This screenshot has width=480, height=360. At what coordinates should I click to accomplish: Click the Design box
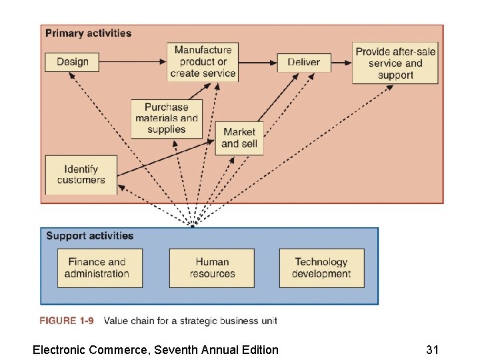[x=72, y=62]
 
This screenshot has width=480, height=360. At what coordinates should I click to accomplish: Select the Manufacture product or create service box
[x=203, y=62]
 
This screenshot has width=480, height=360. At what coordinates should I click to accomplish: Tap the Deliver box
[x=303, y=62]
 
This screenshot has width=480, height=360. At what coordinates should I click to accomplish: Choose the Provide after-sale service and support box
[x=395, y=63]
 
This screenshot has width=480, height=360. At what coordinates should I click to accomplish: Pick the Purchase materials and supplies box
[x=167, y=119]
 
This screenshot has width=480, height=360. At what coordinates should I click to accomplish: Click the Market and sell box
[x=239, y=138]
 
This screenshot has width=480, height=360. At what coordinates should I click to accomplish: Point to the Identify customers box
[x=81, y=175]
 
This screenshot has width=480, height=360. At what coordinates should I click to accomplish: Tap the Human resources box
[x=212, y=268]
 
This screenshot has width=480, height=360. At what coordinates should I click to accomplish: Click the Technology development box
[x=321, y=268]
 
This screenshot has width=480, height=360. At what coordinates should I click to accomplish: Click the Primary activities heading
[x=88, y=33]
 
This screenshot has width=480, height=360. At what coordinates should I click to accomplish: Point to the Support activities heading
[x=89, y=236]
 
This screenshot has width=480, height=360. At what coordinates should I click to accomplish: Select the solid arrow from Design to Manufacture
[x=133, y=62]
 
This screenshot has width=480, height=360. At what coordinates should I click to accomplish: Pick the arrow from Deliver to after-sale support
[x=341, y=63]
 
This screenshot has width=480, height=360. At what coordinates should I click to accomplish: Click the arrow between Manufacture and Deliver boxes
[x=257, y=63]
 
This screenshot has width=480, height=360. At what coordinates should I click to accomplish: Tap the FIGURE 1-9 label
[x=67, y=321]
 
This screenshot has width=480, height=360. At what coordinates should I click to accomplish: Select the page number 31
[x=433, y=349]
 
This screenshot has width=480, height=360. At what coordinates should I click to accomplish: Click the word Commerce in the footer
[x=117, y=349]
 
